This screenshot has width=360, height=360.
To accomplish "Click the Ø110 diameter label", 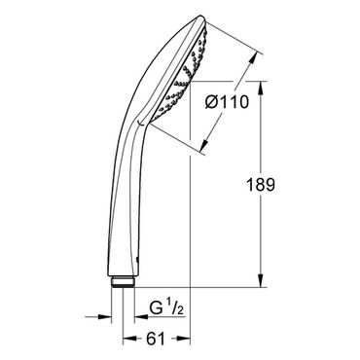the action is [x=227, y=102].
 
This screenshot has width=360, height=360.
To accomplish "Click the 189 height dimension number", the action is [x=261, y=185].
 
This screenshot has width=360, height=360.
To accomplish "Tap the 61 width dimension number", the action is [x=156, y=339].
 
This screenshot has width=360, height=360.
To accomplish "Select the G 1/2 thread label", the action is [x=166, y=308].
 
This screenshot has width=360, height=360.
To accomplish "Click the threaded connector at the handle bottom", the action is [x=123, y=281].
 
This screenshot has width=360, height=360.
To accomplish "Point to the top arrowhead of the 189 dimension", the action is [x=261, y=88].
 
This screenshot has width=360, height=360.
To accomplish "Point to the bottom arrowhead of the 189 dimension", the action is [x=261, y=280].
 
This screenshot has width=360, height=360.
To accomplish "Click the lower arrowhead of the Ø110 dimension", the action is [x=204, y=145].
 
